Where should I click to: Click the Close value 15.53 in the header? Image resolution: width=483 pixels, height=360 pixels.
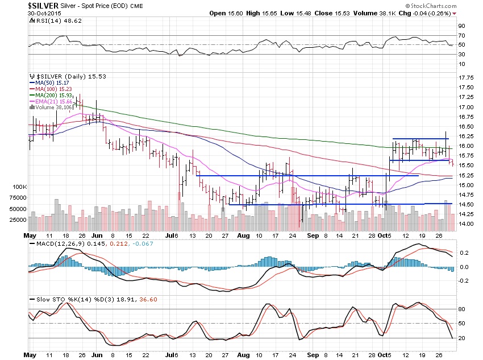[355, 13]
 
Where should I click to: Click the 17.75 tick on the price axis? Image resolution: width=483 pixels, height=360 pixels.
[465, 77]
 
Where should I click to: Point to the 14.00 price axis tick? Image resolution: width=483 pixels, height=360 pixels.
[465, 224]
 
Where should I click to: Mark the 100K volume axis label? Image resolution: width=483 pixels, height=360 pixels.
[19, 187]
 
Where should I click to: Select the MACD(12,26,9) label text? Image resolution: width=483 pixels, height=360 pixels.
[55, 243]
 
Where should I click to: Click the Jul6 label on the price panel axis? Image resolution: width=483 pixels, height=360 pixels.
[172, 235]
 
